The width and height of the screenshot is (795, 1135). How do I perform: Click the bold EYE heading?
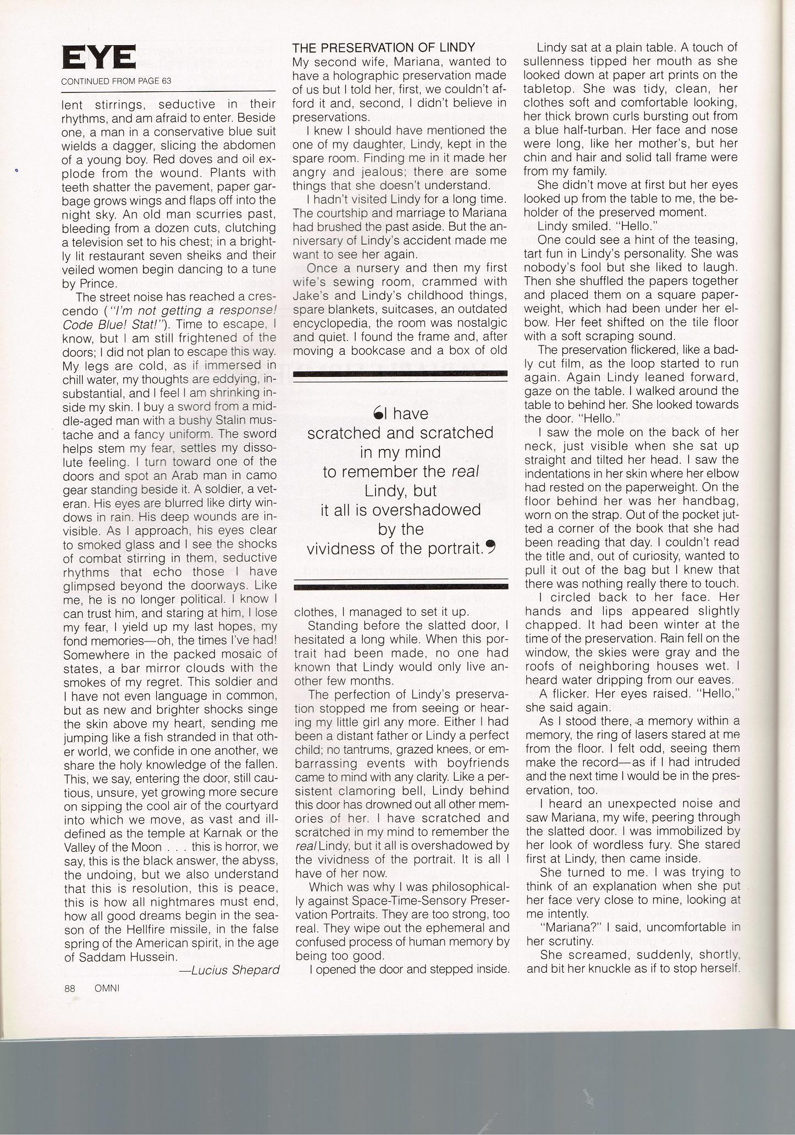coord(99,57)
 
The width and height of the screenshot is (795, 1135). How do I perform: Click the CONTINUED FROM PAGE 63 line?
coord(116,81)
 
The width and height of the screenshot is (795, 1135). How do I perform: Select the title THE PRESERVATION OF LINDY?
coord(384,48)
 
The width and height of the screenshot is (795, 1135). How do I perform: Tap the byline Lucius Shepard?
coord(229,970)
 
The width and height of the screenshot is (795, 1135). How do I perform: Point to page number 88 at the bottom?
coord(69,988)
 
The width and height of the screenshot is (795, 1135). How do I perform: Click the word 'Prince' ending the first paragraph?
coord(97,284)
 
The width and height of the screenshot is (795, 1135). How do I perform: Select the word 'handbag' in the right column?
coord(710,501)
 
